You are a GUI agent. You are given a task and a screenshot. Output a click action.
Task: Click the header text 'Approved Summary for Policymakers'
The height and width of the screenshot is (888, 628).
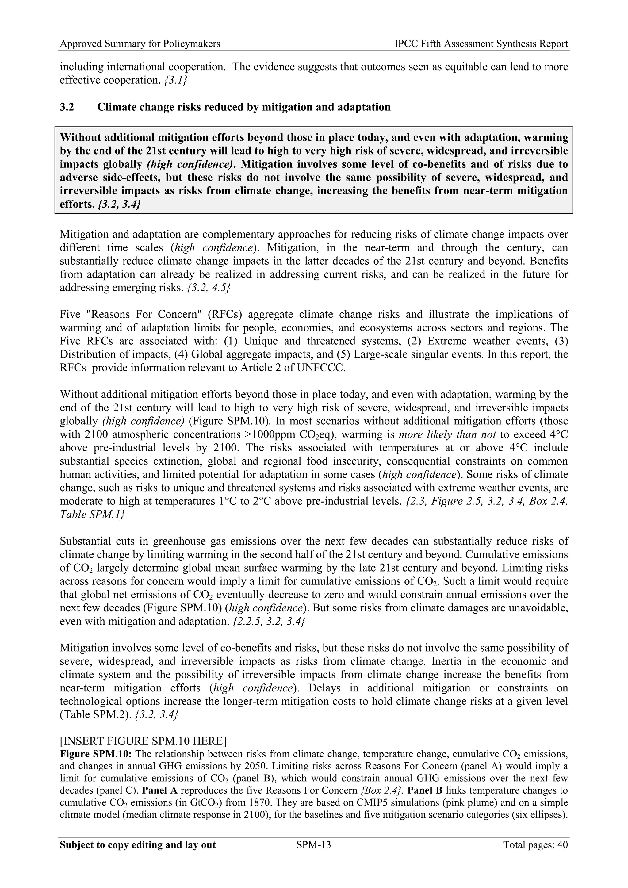point(140,44)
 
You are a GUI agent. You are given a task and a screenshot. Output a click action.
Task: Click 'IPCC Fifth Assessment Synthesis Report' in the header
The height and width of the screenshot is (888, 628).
point(481,44)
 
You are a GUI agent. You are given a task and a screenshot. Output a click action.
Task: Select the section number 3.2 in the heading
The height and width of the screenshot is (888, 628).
point(67,107)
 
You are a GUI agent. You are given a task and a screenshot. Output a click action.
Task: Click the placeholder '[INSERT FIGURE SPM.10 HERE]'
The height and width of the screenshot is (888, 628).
point(143,752)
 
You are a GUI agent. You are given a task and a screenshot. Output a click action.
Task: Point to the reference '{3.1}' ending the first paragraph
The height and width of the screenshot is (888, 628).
point(176,80)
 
